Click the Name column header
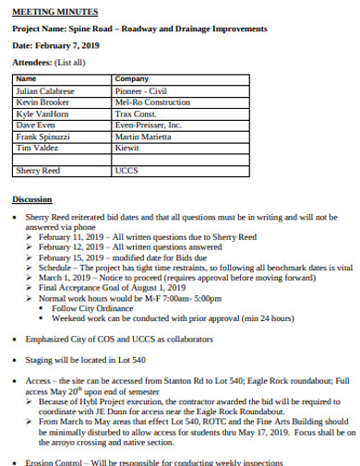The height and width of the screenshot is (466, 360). [x=27, y=79]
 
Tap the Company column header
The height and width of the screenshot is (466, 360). [x=131, y=79]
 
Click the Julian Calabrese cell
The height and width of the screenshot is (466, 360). [x=44, y=90]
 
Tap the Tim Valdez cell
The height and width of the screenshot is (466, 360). [x=37, y=147]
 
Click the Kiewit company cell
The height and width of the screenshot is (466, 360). [x=127, y=147]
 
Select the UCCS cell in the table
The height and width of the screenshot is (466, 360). [x=126, y=171]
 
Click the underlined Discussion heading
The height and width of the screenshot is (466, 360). [x=32, y=199]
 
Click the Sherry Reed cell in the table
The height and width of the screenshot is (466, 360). [x=38, y=171]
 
